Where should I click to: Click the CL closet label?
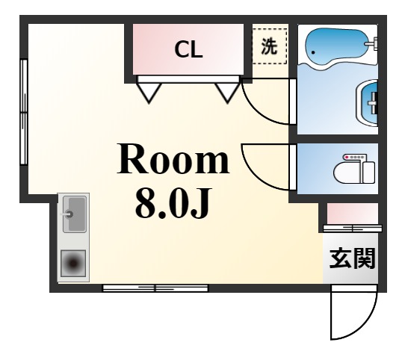[x=189, y=50]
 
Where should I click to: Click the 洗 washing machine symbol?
[x=270, y=46]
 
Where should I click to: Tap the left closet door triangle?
[x=150, y=91]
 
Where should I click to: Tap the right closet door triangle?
[x=226, y=91]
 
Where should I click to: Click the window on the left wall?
[x=24, y=112]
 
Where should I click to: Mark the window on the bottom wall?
[x=155, y=288]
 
